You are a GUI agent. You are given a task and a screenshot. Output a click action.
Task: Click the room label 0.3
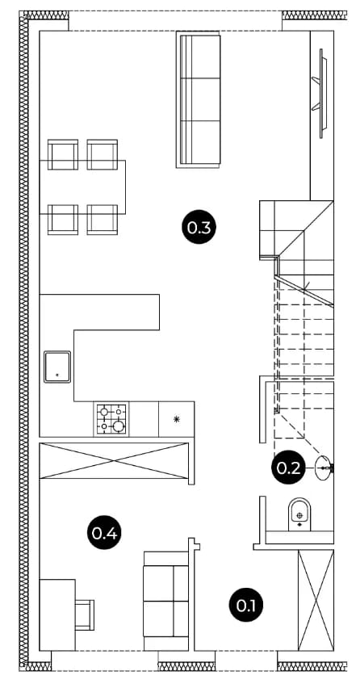[199, 227]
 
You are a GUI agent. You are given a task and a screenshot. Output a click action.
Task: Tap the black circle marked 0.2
[288, 468]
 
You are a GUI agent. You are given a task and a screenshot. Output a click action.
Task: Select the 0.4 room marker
[104, 533]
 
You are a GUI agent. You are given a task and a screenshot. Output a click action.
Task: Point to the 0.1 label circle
[246, 605]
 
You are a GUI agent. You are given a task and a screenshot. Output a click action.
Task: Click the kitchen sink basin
[57, 367]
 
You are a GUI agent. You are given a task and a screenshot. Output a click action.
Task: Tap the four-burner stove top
[111, 419]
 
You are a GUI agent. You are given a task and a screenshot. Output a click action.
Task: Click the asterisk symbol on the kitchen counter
[176, 419]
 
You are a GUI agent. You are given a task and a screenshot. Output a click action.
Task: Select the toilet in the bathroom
[300, 514]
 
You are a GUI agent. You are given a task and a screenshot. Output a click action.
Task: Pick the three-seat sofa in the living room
[199, 99]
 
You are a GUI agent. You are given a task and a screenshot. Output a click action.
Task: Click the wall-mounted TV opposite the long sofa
[321, 94]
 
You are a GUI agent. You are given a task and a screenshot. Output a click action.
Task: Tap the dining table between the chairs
[82, 187]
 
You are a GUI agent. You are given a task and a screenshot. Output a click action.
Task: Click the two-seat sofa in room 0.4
[166, 601]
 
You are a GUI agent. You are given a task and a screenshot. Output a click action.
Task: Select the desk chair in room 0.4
[85, 615]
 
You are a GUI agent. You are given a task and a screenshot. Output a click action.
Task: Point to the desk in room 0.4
[57, 615]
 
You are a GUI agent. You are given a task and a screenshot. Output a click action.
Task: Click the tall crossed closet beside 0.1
[316, 600]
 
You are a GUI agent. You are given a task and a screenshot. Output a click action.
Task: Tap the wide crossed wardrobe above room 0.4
[114, 461]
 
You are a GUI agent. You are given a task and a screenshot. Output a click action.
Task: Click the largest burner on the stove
[118, 426]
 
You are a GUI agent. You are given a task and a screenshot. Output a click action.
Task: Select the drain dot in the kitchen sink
[57, 375]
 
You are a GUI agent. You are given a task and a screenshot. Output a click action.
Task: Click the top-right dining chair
[103, 154]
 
